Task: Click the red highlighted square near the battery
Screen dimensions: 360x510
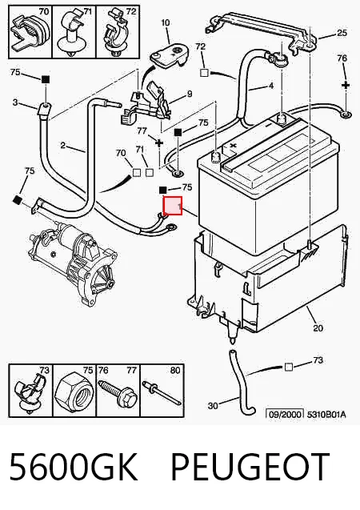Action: tap(172, 206)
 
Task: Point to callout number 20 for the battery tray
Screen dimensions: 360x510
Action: tap(318, 328)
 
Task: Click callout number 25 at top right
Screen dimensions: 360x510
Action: tap(342, 33)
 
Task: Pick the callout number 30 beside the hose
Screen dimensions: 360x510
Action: tap(213, 406)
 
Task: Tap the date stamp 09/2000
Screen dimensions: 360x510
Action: tap(285, 414)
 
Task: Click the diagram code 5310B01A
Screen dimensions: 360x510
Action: tap(326, 415)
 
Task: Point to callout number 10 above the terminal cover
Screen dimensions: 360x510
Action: tap(165, 22)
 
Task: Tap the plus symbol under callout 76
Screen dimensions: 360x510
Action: tap(346, 85)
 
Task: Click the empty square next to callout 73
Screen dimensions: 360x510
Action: tap(288, 367)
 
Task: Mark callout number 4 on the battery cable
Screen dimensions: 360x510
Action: tap(271, 86)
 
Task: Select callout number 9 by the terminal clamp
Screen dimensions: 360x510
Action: tap(190, 94)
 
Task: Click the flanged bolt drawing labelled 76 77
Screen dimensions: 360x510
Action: tap(119, 392)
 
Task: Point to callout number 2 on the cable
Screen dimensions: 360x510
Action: tap(63, 145)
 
